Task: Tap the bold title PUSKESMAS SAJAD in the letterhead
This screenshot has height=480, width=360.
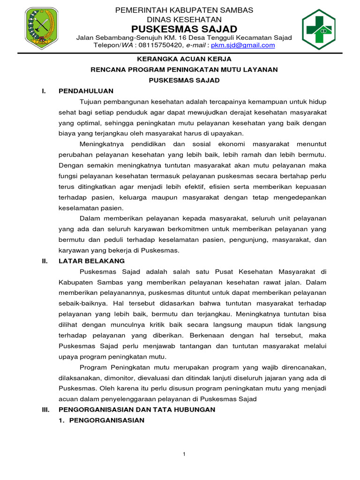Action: pyautogui.click(x=184, y=29)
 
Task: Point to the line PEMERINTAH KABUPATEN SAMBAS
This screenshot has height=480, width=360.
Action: pyautogui.click(x=184, y=10)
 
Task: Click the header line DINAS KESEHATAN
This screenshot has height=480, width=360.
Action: pyautogui.click(x=184, y=19)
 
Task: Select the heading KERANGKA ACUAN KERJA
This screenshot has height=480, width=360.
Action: pyautogui.click(x=184, y=59)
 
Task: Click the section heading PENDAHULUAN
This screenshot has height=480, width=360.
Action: pyautogui.click(x=86, y=90)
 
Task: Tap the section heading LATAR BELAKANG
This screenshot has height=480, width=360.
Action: pyautogui.click(x=91, y=261)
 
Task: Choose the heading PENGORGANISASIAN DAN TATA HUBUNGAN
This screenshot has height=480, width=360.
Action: pyautogui.click(x=137, y=409)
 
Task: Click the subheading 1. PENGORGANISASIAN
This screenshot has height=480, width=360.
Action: pyautogui.click(x=101, y=420)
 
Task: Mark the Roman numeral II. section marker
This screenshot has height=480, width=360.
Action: pyautogui.click(x=45, y=261)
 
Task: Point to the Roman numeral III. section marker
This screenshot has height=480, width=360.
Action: pyautogui.click(x=45, y=409)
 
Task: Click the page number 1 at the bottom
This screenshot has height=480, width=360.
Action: pyautogui.click(x=184, y=454)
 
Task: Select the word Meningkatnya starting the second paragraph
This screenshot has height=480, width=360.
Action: pyautogui.click(x=101, y=144)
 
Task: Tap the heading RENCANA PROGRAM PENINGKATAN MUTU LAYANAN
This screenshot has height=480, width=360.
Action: pyautogui.click(x=184, y=69)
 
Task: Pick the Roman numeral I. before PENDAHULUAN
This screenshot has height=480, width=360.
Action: pyautogui.click(x=44, y=90)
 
